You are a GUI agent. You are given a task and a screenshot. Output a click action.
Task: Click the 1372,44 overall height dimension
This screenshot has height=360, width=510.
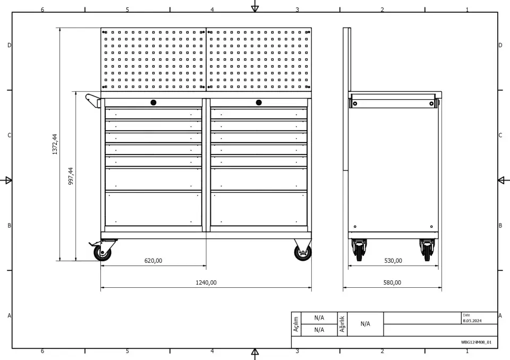pos(55,144)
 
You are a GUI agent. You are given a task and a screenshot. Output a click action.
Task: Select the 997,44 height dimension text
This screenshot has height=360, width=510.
pos(71,176)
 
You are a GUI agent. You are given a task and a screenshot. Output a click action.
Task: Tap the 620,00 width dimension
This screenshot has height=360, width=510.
pos(153,261)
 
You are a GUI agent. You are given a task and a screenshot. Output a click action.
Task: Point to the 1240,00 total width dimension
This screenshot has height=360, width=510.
pos(206,282)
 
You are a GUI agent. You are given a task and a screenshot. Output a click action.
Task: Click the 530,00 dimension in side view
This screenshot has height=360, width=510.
pos(393,261)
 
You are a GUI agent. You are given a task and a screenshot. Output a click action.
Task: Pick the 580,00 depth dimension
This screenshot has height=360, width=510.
pos(392,282)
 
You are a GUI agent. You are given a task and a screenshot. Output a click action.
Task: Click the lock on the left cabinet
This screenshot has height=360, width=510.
pos(154,103)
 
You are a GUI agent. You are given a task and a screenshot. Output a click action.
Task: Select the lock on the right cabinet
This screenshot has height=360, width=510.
pos(259,103)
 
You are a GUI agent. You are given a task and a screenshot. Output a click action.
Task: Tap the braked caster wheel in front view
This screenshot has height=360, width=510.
pos(102,253)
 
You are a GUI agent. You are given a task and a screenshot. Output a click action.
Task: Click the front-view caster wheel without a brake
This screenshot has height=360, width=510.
pos(303,253)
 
